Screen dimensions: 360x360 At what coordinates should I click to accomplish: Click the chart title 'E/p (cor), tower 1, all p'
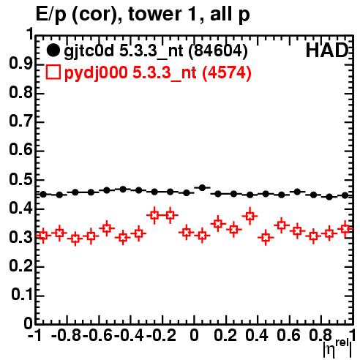[143, 15]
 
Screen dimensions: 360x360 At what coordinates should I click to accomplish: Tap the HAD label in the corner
[327, 50]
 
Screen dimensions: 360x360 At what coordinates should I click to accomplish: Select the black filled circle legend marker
[53, 50]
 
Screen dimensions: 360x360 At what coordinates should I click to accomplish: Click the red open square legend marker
[53, 72]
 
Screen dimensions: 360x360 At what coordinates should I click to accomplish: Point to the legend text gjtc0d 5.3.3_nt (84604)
[156, 51]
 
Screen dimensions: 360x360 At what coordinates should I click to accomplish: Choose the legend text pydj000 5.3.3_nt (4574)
[157, 72]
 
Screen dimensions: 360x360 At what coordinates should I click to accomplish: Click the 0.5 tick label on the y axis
[20, 180]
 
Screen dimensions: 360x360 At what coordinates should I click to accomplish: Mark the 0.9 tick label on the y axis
[20, 64]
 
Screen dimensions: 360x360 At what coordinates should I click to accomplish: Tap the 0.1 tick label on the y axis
[22, 295]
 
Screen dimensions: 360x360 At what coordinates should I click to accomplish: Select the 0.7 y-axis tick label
[20, 121]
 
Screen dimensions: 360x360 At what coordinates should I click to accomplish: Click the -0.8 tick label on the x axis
[67, 335]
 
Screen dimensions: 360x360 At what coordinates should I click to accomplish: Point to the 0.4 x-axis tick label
[257, 335]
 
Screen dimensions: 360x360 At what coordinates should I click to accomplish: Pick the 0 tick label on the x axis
[194, 335]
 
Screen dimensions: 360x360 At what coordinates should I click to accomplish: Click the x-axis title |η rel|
[337, 348]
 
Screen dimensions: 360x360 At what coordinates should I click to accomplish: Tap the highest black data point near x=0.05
[202, 188]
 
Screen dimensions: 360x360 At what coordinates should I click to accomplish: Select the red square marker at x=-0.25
[154, 215]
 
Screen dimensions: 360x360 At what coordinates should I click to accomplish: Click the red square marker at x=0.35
[250, 216]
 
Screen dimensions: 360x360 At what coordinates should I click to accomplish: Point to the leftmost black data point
[43, 195]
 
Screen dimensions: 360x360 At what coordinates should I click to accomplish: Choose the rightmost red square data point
[345, 229]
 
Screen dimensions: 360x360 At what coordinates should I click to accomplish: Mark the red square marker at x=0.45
[266, 237]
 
